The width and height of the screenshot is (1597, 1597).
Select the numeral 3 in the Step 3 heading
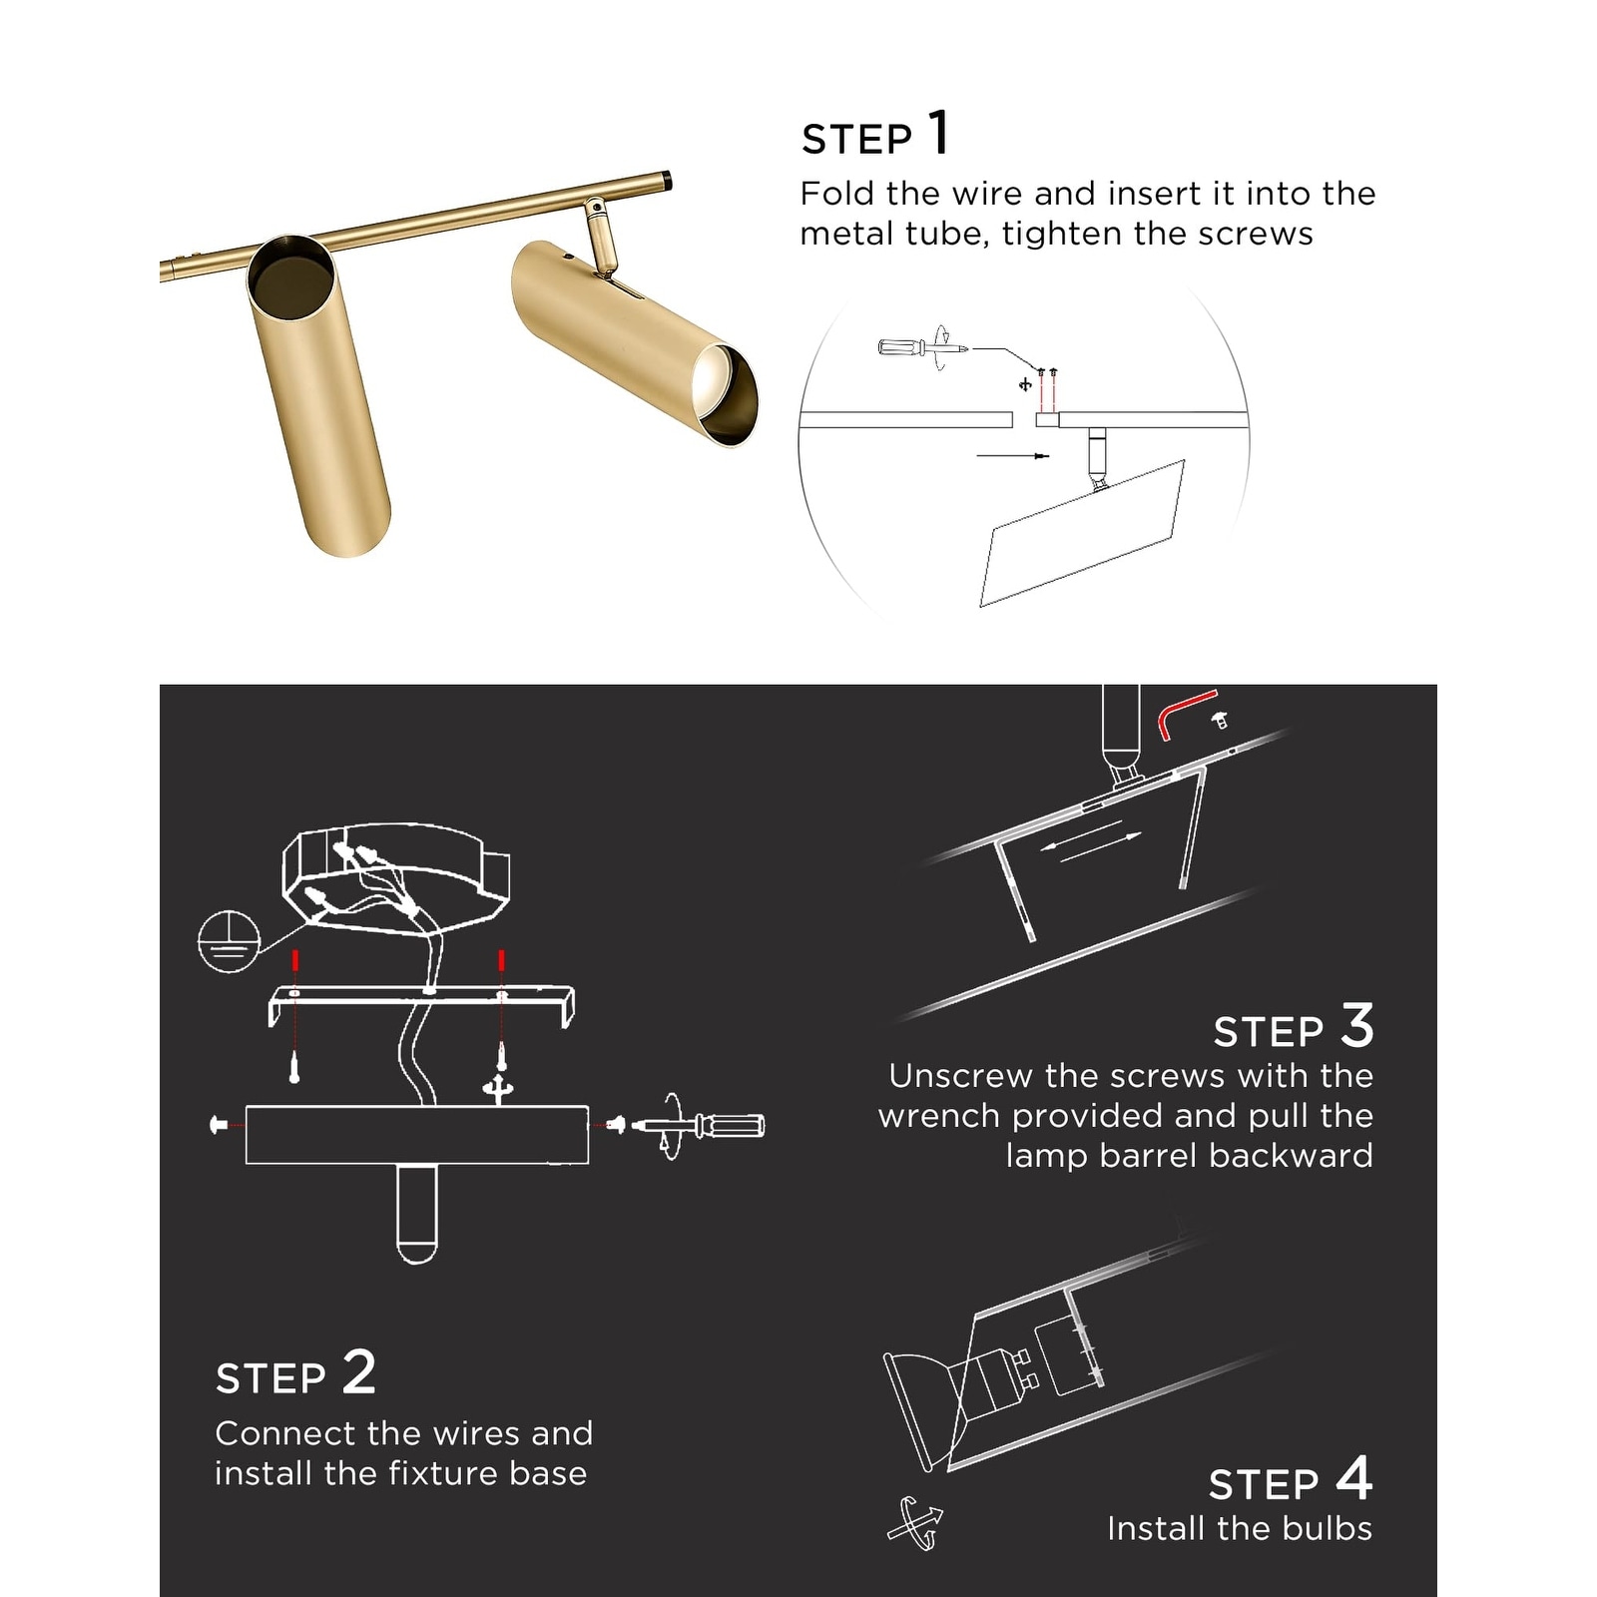tap(1357, 1025)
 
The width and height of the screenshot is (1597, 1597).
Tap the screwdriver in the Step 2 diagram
tap(701, 1125)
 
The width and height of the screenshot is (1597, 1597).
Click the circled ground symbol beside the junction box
tap(229, 940)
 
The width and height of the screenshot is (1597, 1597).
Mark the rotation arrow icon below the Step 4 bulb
tap(915, 1523)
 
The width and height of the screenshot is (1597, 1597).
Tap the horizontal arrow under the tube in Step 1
tap(1012, 456)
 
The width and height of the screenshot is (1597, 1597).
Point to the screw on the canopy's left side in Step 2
tap(220, 1125)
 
